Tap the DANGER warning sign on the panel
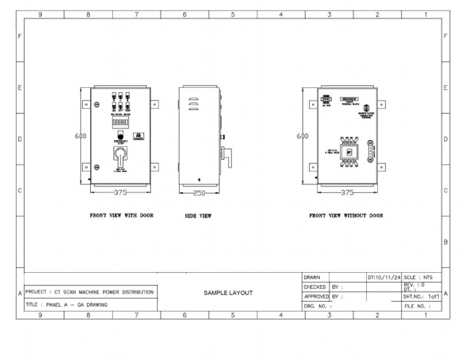click(x=139, y=136)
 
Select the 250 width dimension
click(x=199, y=193)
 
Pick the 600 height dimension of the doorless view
click(x=303, y=136)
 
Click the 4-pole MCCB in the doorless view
click(x=349, y=150)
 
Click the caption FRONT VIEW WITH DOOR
click(x=121, y=215)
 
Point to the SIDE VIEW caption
click(x=198, y=216)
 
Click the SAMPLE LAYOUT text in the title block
click(x=228, y=293)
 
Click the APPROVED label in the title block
click(x=315, y=297)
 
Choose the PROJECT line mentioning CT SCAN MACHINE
click(x=90, y=292)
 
